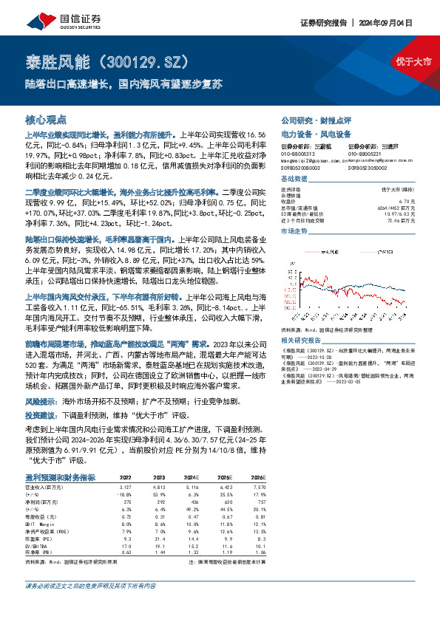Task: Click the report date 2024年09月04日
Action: coord(402,23)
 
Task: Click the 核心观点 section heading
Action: coord(46,119)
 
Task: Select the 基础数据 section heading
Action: coord(295,181)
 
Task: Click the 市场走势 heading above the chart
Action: coord(295,231)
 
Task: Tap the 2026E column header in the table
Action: coord(257,478)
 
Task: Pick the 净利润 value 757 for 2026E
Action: coord(258,502)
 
